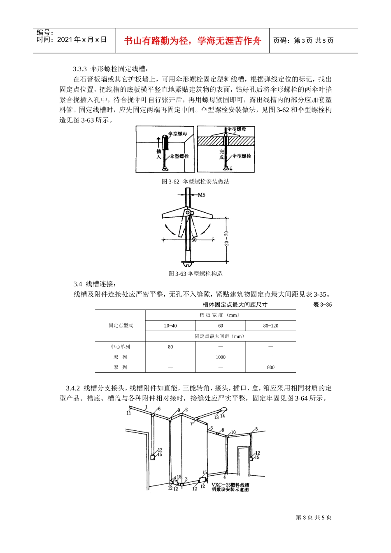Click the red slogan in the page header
[193, 41]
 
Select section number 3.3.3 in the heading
[80, 69]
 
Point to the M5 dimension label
[201, 195]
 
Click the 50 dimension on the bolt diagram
[194, 240]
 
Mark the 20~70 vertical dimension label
[227, 239]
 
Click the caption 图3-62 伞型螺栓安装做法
[195, 181]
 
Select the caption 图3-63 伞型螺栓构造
[195, 274]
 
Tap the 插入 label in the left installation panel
[159, 154]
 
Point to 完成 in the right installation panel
[221, 154]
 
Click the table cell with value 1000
[221, 357]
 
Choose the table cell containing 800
[270, 367]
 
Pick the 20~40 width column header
[170, 326]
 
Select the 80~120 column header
[270, 326]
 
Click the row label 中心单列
[120, 347]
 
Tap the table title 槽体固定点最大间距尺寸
[235, 304]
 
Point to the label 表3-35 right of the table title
[322, 304]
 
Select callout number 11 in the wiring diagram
[129, 413]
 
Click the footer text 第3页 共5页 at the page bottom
[314, 518]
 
